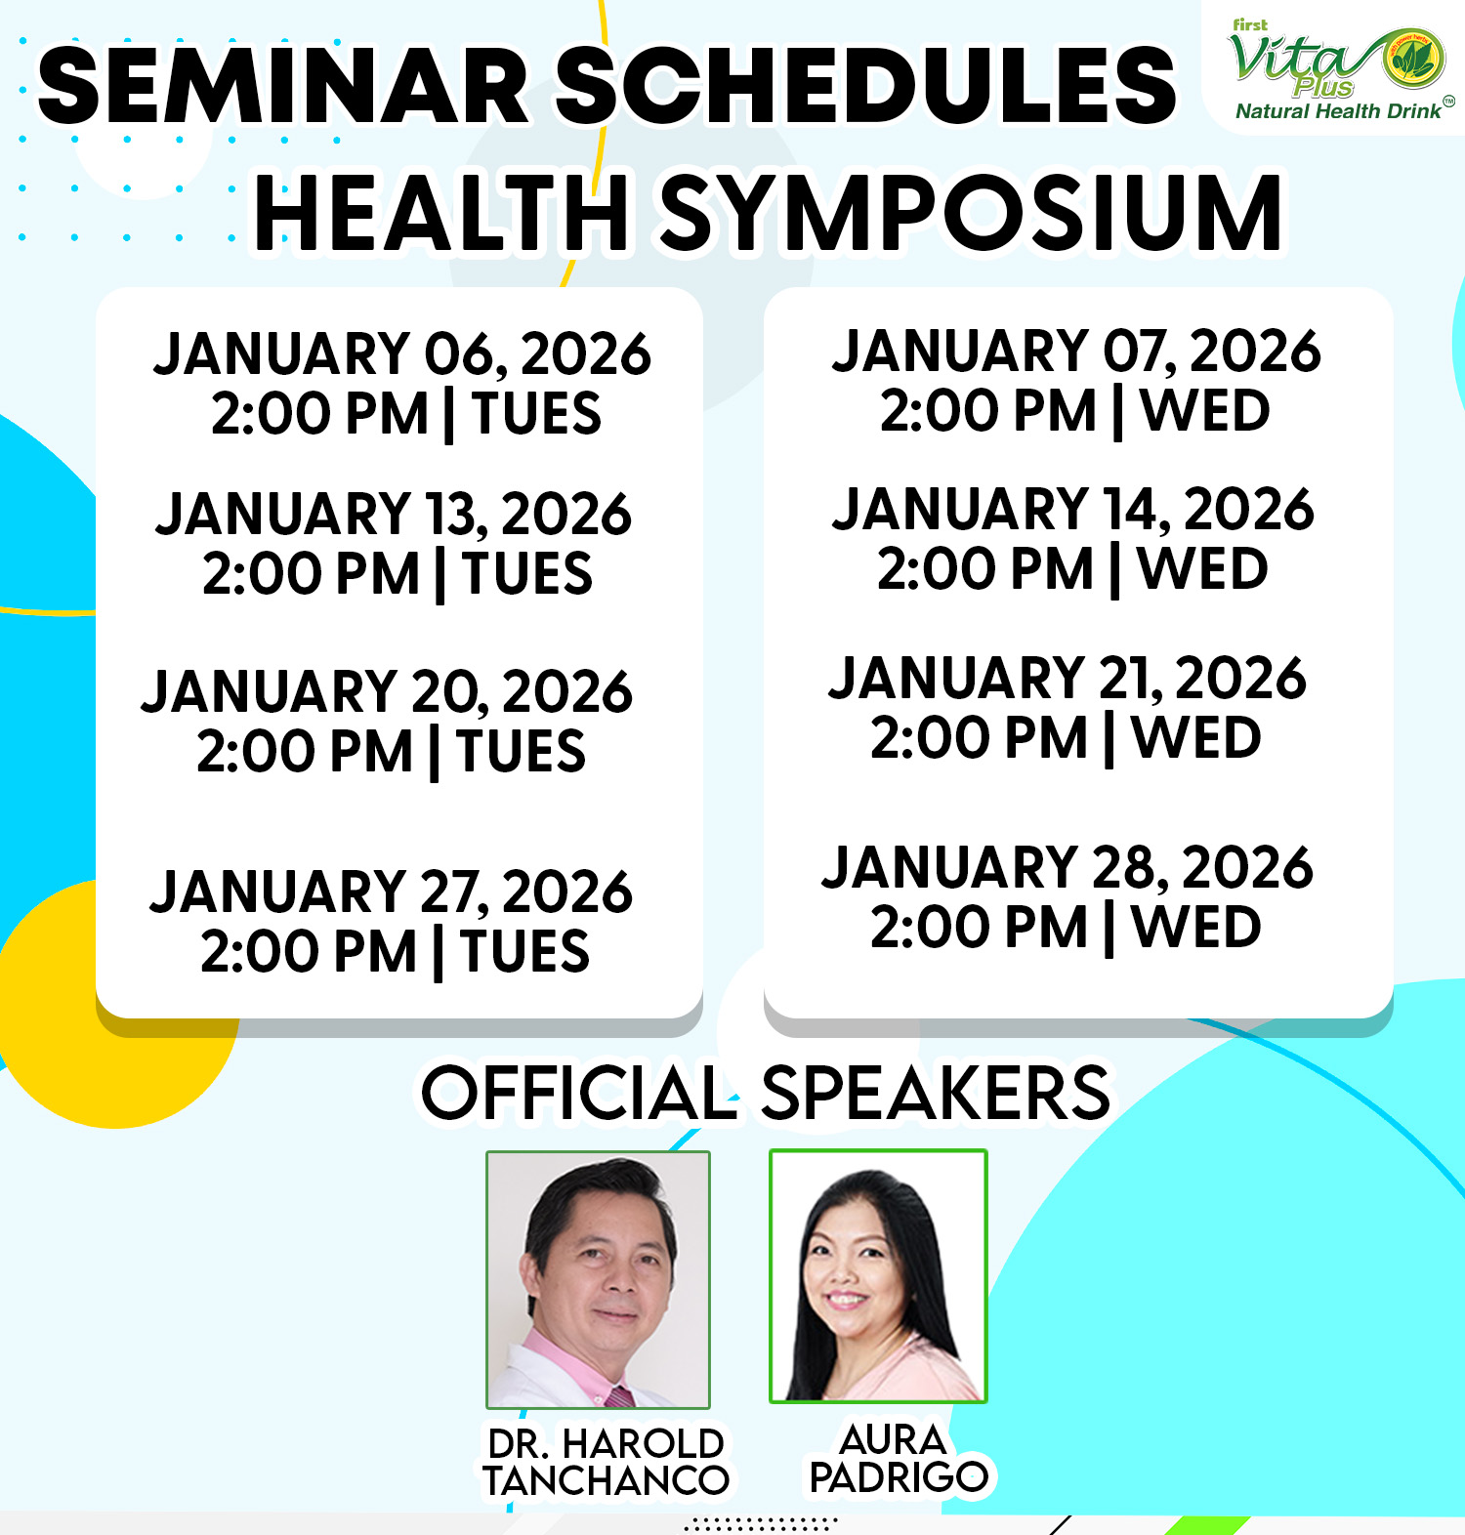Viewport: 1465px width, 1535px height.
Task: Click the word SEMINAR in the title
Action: click(283, 86)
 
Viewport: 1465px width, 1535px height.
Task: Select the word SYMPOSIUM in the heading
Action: click(972, 213)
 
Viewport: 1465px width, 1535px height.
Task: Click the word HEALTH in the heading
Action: click(440, 213)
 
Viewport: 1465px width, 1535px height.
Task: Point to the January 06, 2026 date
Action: click(402, 353)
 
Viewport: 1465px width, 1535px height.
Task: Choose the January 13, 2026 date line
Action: click(394, 514)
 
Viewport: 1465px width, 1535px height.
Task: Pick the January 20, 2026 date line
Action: click(388, 691)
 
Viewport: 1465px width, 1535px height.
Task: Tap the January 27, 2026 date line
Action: click(392, 892)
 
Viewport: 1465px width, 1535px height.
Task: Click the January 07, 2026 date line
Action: click(1076, 351)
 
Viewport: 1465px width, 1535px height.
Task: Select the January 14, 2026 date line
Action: click(1073, 509)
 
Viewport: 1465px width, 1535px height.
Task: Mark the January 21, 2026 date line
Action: click(1067, 678)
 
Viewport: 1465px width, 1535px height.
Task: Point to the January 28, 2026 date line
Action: click(1067, 867)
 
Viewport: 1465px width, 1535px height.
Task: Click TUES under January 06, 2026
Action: click(537, 413)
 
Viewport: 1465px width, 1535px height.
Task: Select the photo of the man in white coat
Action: click(599, 1279)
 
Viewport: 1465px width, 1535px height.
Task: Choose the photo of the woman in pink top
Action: click(879, 1276)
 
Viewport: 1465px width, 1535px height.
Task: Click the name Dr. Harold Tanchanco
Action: click(606, 1462)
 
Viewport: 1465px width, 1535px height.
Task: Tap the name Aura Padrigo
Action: click(899, 1458)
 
